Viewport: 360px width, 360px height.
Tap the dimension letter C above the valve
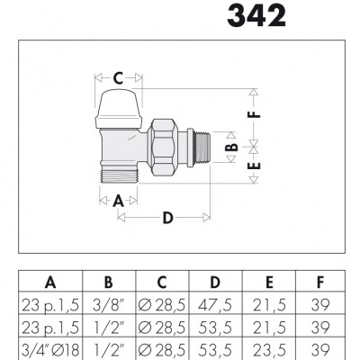coord(118,76)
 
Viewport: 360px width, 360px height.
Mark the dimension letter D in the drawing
coord(166,218)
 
